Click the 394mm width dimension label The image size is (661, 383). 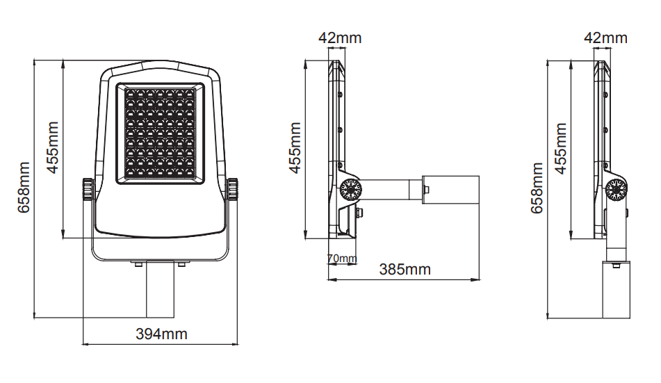pos(161,334)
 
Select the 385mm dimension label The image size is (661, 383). pos(405,270)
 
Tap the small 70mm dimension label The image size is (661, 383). pos(342,258)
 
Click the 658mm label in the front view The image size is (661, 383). pos(24,187)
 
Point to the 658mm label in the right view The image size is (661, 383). pos(537,188)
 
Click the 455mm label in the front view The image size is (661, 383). pos(52,147)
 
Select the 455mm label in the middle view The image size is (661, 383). pos(295,148)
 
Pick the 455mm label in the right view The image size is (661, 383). pos(560,149)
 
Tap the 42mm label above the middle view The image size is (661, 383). pos(340,38)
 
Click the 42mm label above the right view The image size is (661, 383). pos(605,38)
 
